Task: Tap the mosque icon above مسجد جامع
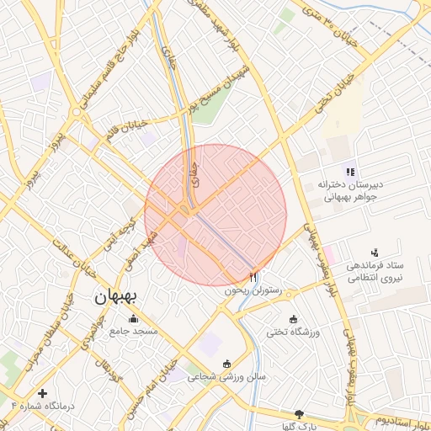click(x=133, y=318)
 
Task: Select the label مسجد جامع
click(x=134, y=332)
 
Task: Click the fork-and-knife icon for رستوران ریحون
click(x=253, y=276)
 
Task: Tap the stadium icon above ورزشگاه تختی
click(x=293, y=319)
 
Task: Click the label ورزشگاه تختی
click(x=294, y=333)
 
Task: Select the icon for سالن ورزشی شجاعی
click(x=226, y=363)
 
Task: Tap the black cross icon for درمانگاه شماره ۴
click(x=42, y=393)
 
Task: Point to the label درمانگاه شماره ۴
click(x=43, y=407)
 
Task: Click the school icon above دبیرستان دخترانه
click(x=350, y=171)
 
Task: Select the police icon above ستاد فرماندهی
click(x=375, y=252)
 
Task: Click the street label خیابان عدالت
click(x=72, y=253)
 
